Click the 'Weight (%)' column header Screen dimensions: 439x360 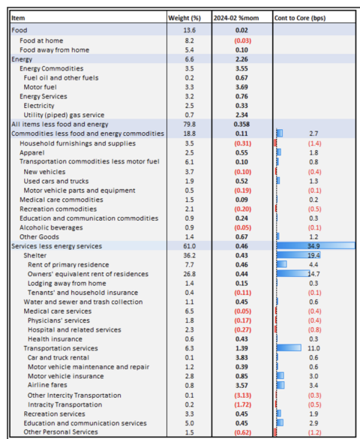187,17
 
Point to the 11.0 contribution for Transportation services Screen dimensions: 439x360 314,348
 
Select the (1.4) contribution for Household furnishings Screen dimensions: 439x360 314,143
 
